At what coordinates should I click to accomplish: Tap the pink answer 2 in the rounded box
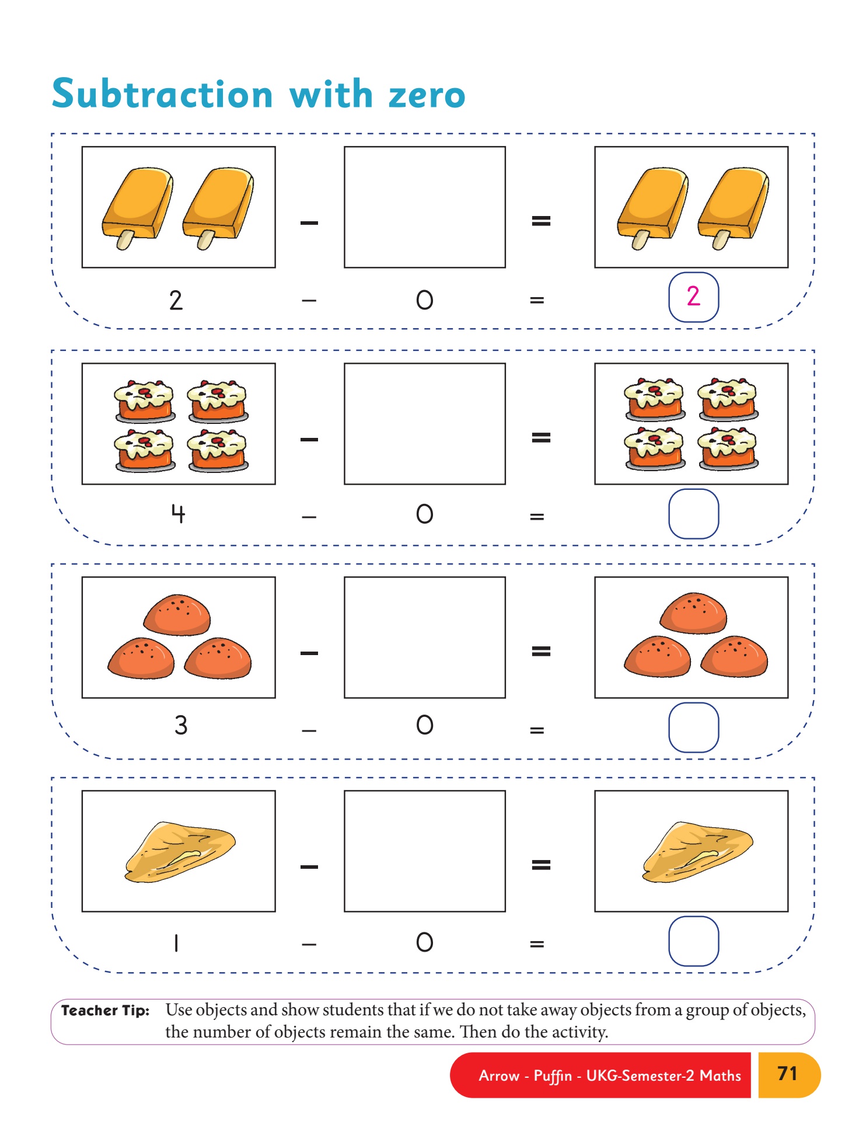click(693, 296)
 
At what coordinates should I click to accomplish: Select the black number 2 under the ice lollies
click(176, 300)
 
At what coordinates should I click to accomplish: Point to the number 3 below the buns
click(181, 725)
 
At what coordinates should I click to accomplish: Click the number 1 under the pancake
click(176, 942)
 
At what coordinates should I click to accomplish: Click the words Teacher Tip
click(105, 1011)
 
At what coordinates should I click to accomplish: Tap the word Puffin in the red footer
click(553, 1076)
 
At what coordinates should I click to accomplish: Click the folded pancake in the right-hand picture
click(697, 852)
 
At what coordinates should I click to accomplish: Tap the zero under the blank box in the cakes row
click(425, 514)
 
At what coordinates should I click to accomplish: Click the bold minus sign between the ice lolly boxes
click(309, 222)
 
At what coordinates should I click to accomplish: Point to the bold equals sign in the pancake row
click(541, 865)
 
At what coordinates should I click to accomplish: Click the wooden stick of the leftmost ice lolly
click(125, 239)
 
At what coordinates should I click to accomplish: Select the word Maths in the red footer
click(721, 1075)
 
